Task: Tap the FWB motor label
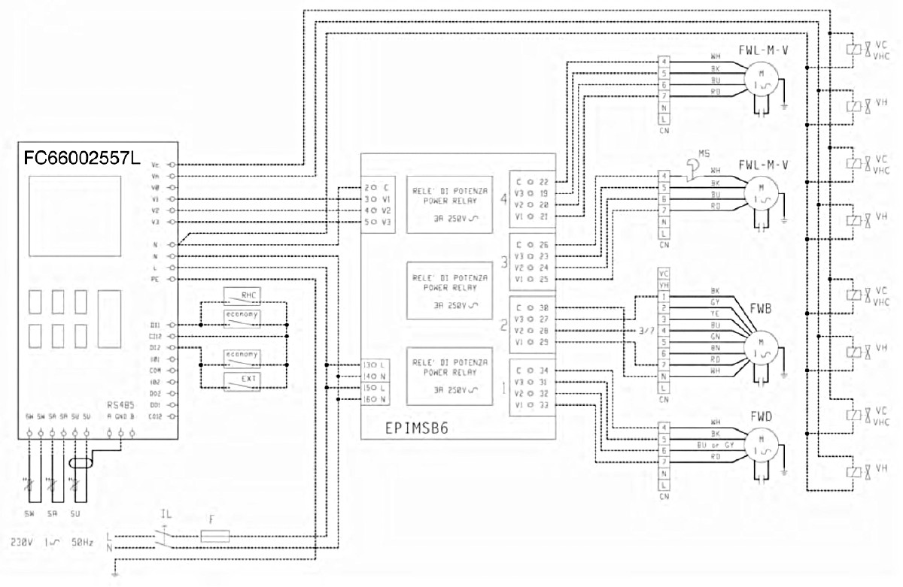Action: [760, 309]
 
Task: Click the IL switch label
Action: [166, 515]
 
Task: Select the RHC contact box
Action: [241, 295]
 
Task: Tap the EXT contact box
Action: [241, 378]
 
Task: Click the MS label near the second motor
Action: [704, 153]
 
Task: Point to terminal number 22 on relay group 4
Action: [543, 181]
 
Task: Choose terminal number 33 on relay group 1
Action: [543, 406]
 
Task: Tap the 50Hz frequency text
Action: [82, 541]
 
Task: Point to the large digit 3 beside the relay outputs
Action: [504, 262]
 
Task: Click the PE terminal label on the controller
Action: [154, 279]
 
